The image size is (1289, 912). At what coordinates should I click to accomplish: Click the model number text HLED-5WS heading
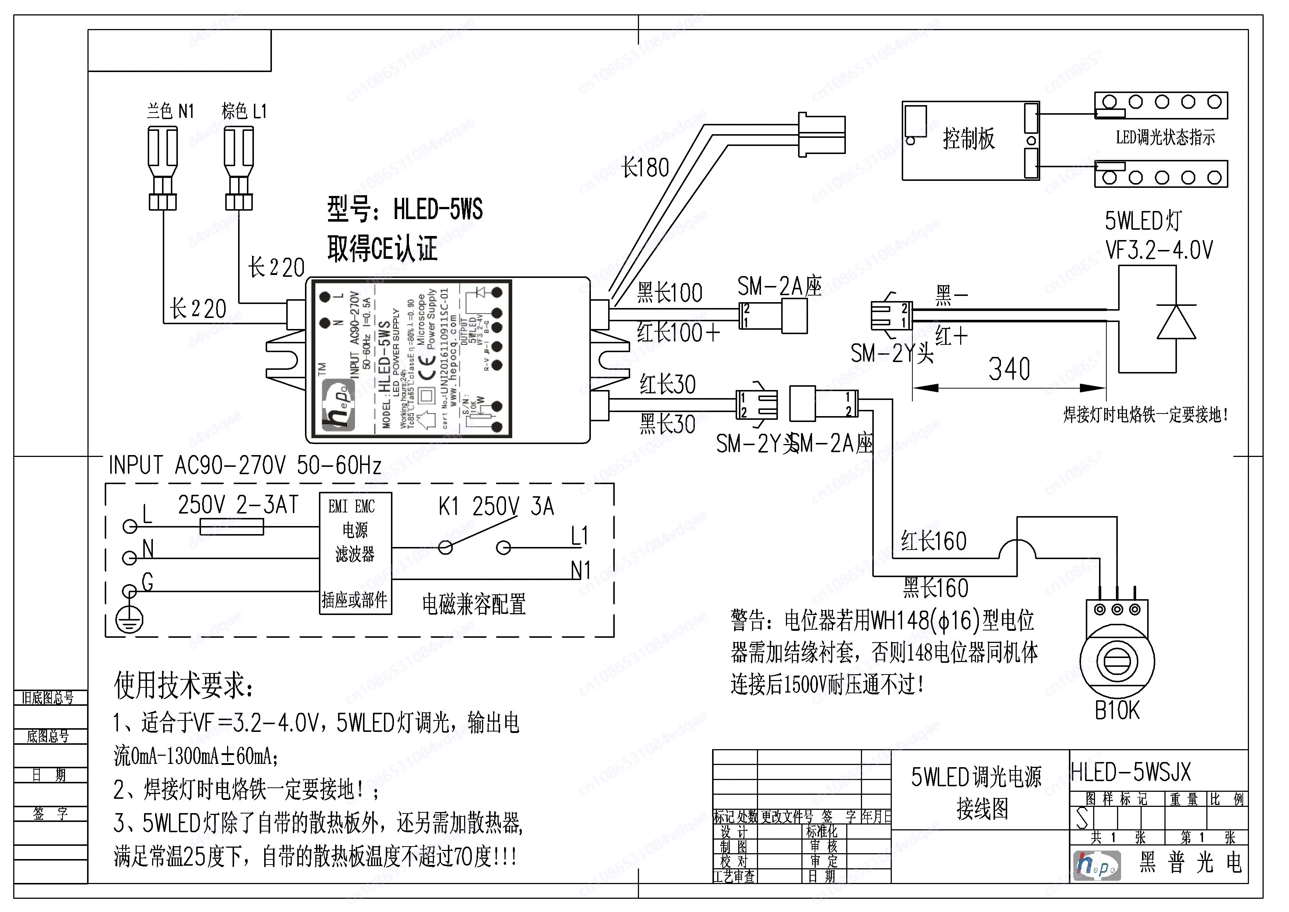tap(405, 210)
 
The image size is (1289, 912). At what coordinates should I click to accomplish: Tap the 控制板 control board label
tap(969, 138)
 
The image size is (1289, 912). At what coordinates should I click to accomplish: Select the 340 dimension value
tap(1009, 369)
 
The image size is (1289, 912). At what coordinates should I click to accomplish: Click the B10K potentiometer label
tap(1117, 711)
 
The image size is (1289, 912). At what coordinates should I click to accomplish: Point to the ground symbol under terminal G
tap(130, 620)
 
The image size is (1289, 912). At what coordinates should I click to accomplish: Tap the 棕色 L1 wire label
tap(244, 111)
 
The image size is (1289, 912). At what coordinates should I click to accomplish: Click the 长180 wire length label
tap(646, 167)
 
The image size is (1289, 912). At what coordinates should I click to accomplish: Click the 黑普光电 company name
tap(1190, 863)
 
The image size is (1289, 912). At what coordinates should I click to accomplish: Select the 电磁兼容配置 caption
tap(474, 604)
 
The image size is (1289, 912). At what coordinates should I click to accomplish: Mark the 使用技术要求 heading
tap(184, 685)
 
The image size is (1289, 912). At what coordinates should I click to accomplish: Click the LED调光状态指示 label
tap(1165, 137)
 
